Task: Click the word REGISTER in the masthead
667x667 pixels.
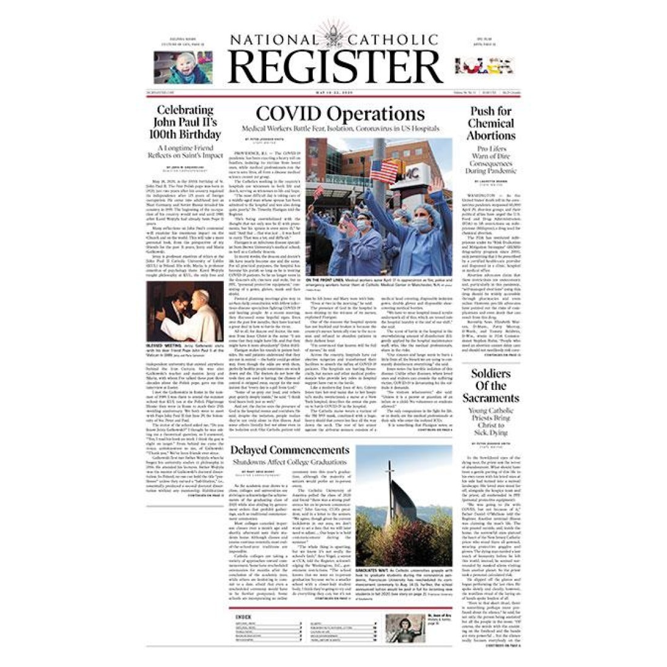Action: coord(335,67)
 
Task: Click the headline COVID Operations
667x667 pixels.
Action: coord(340,113)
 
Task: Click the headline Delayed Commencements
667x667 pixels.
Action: coord(290,450)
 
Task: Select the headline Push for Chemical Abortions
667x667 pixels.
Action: coord(491,124)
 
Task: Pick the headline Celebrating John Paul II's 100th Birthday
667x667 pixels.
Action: coord(185,122)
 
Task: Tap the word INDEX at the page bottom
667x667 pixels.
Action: coord(244,617)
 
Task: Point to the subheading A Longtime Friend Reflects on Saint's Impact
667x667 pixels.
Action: coord(186,151)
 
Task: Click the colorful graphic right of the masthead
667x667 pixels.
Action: coord(484,65)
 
